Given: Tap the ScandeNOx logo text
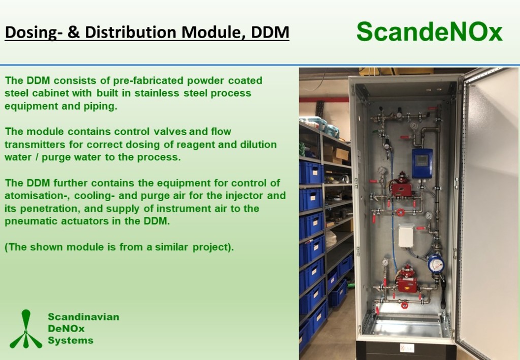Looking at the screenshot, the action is coord(430,32).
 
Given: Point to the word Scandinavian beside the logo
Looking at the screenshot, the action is coord(84,317).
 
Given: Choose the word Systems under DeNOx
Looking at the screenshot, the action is coord(71,340).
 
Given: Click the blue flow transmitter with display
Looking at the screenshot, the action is coord(422,163).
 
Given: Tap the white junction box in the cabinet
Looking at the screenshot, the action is coord(406,236).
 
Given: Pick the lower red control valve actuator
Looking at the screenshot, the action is coord(407,279).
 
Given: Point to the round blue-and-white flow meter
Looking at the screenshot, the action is coord(436,264).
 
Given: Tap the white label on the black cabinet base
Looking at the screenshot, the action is coord(407,348).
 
